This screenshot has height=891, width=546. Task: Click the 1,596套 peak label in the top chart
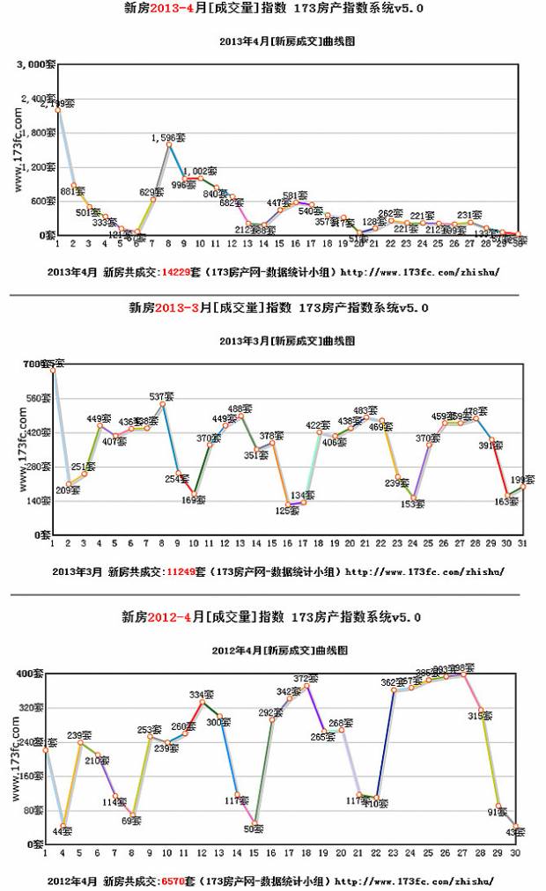tap(168, 137)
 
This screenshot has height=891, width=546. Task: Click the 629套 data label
tap(151, 192)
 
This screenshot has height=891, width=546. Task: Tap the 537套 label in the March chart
tap(161, 396)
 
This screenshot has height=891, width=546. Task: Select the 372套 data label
tap(306, 678)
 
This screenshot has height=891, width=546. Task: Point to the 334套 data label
tap(202, 695)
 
